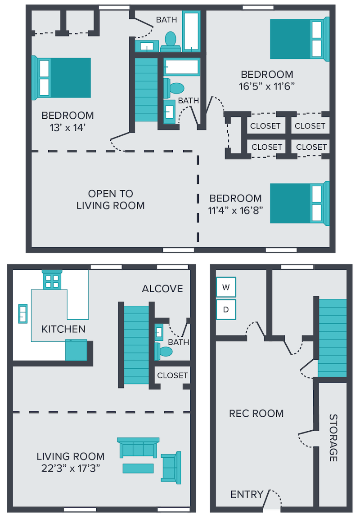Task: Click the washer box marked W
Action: coord(226,287)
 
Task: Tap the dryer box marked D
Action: coord(226,310)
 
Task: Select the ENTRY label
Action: coord(247,495)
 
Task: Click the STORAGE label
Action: coord(333,438)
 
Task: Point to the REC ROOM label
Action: coord(256,414)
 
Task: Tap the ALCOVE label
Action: coord(162,289)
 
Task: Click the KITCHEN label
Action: coord(63,329)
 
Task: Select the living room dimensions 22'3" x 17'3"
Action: coord(71,468)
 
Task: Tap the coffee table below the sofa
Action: coord(138,468)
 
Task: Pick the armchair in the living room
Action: coord(171,468)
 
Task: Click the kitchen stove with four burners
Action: coord(52,280)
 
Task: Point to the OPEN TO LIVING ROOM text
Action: coord(111,200)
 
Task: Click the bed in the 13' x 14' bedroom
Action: coord(61,78)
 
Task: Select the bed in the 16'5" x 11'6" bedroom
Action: coord(300,39)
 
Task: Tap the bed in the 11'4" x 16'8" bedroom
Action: coord(300,203)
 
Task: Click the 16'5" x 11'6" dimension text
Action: coord(267,87)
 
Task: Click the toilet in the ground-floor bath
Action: coord(164,352)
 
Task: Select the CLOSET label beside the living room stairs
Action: coord(172,375)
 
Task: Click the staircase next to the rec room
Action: coord(333,338)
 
